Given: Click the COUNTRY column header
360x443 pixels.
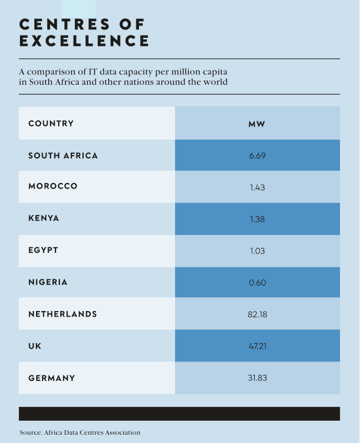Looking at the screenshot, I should click(51, 123).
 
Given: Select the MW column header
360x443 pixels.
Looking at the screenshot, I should click(257, 123).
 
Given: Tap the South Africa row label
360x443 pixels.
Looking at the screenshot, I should click(63, 155).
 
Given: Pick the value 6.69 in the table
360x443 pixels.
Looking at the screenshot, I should click(257, 155).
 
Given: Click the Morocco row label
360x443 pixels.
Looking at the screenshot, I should click(53, 187).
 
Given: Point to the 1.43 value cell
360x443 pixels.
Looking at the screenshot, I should click(257, 187).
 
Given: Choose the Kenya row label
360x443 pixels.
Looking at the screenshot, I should click(44, 218).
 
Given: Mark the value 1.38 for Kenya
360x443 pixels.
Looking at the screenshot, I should click(257, 219).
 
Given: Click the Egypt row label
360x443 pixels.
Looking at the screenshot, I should click(43, 251).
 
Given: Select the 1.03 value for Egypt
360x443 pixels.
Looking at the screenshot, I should click(257, 251).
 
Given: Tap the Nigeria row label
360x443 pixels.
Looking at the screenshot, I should click(48, 282).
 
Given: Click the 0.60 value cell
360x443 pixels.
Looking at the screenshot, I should click(257, 283).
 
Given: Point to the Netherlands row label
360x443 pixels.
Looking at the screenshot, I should click(63, 314).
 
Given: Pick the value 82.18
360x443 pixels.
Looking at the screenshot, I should click(257, 314).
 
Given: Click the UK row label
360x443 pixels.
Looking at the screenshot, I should click(35, 346).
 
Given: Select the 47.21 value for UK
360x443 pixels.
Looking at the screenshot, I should click(257, 346).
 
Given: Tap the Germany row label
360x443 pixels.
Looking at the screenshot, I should click(52, 378).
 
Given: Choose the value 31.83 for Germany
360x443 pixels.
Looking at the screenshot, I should click(257, 378).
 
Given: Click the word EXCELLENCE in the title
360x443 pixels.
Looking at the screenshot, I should click(84, 41).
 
